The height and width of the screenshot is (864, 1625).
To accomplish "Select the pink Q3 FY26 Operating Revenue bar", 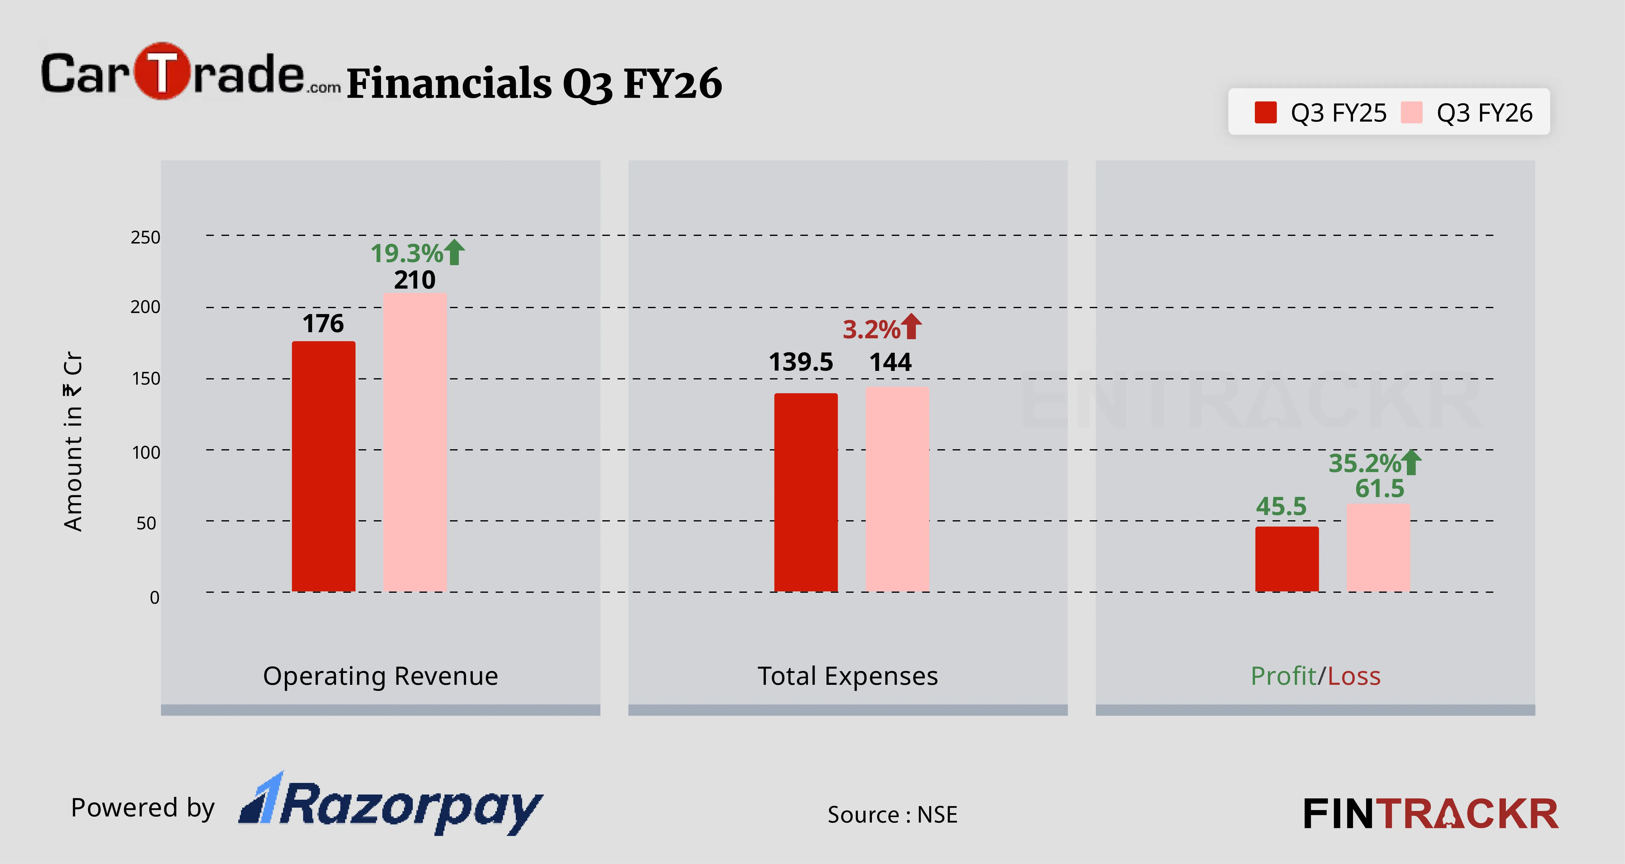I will [414, 442].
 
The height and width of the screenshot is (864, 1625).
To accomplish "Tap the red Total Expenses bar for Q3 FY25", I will [805, 492].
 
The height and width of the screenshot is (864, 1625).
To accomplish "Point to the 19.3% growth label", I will [407, 253].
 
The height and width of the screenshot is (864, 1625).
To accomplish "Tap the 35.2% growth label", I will [1365, 463].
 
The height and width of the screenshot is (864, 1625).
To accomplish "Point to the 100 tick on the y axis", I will [146, 453].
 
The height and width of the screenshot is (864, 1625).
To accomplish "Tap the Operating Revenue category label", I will [381, 676].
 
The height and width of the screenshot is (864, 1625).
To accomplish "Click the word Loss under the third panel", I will [1354, 676].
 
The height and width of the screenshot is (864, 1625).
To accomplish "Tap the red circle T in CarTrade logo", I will [162, 71].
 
